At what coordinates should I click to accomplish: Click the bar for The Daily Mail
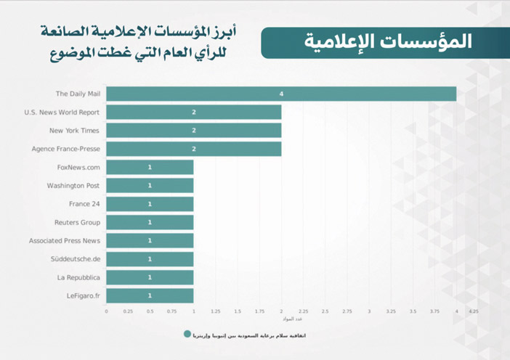pyautogui.click(x=281, y=94)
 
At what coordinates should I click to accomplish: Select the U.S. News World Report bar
pyautogui.click(x=194, y=112)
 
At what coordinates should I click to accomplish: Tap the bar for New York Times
pyautogui.click(x=194, y=131)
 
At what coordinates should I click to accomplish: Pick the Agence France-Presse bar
pyautogui.click(x=194, y=149)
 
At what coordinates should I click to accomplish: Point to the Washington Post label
pyautogui.click(x=73, y=186)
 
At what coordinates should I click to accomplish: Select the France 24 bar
pyautogui.click(x=150, y=204)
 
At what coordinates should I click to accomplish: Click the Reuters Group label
pyautogui.click(x=77, y=223)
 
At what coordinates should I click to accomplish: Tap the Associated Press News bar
pyautogui.click(x=150, y=241)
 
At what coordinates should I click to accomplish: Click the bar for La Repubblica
pyautogui.click(x=150, y=277)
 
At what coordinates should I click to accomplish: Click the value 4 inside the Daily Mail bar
pyautogui.click(x=280, y=94)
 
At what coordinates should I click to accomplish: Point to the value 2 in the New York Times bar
pyautogui.click(x=194, y=131)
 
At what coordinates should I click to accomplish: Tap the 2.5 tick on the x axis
pyautogui.click(x=325, y=311)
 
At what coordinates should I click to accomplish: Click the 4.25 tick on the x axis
pyautogui.click(x=474, y=311)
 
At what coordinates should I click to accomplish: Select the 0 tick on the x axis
pyautogui.click(x=106, y=311)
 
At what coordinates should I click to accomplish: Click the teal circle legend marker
pyautogui.click(x=187, y=335)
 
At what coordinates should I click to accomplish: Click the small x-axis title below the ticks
pyautogui.click(x=288, y=319)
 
